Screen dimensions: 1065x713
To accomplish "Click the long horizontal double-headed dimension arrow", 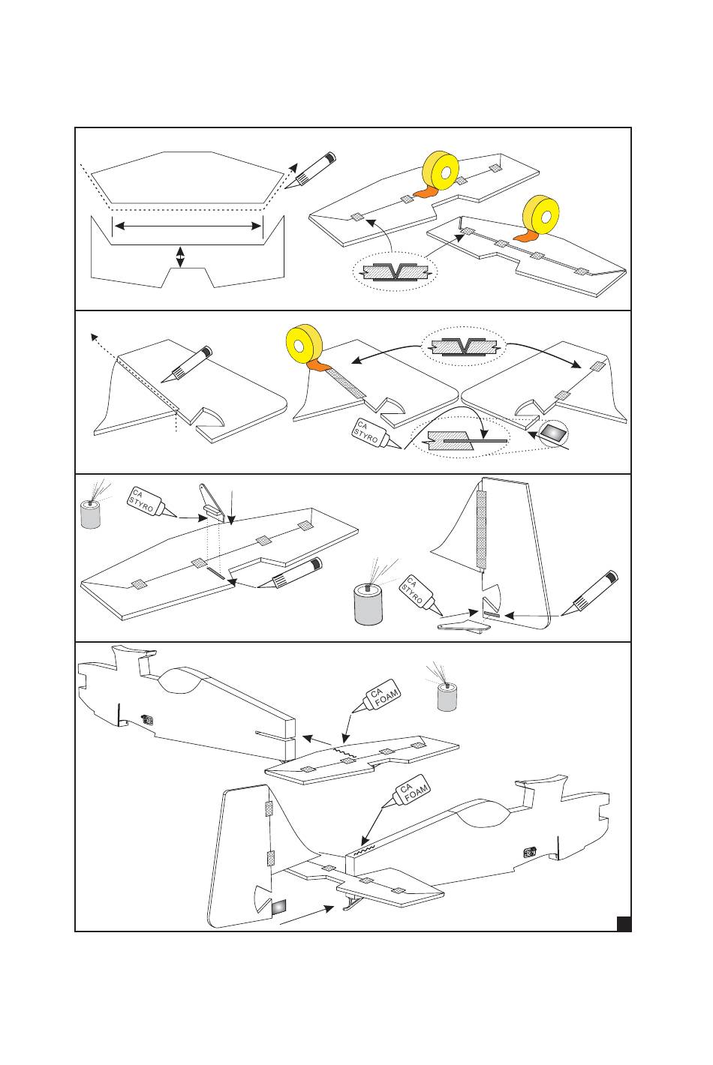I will (x=188, y=226).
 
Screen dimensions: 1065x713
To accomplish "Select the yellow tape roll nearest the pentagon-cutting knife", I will (x=441, y=173).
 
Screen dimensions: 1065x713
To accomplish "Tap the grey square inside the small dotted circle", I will (x=555, y=433).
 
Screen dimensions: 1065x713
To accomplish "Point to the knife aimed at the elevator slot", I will (x=294, y=574).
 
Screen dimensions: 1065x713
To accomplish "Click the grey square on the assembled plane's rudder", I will (x=278, y=907).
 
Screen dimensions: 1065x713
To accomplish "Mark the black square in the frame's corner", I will (x=623, y=922).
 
